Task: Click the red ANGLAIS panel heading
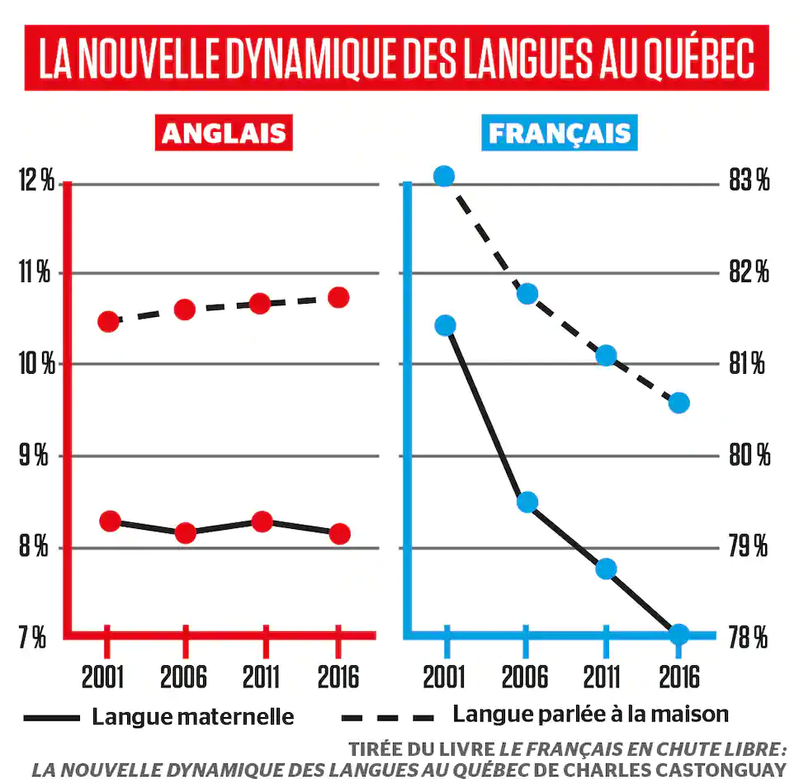tap(224, 134)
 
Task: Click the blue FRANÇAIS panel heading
tap(559, 134)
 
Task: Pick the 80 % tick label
tap(749, 456)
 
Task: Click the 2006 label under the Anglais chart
tap(183, 676)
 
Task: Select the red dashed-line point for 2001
tap(109, 321)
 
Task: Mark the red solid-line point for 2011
tap(262, 522)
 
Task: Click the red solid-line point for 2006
tap(185, 532)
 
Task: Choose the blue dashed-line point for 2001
tap(444, 176)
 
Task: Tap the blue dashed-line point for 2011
tap(606, 355)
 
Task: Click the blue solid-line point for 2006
tap(527, 502)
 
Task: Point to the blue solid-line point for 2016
tap(678, 634)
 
